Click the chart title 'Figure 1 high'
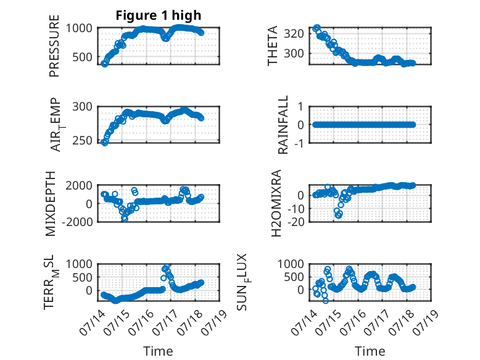[x=159, y=15]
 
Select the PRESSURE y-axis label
[x=54, y=46]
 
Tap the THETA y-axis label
[x=272, y=46]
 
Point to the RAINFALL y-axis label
[x=283, y=124]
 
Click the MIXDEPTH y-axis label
[x=51, y=204]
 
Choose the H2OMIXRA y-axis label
[x=276, y=203]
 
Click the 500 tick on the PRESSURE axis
[x=82, y=57]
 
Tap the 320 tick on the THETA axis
[x=294, y=33]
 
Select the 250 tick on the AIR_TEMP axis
[x=82, y=140]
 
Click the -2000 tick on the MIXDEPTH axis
[x=77, y=222]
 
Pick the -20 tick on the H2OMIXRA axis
[x=296, y=222]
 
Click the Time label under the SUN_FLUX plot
[x=370, y=351]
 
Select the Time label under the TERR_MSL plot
[x=158, y=351]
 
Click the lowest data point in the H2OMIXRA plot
[x=338, y=216]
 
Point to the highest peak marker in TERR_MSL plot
[x=167, y=267]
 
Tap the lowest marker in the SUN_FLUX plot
[x=325, y=301]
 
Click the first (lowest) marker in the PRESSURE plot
[x=104, y=64]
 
